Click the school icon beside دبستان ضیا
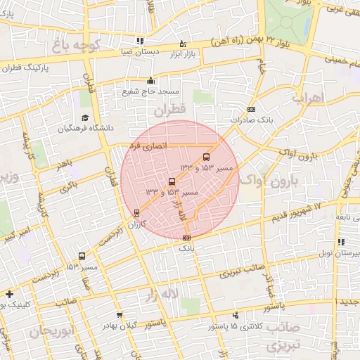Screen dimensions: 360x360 [141, 41]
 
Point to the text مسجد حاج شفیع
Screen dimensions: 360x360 [150, 91]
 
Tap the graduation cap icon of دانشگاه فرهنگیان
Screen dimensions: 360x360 [85, 118]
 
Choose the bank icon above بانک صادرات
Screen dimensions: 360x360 [252, 109]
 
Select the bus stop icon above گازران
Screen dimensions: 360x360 [136, 212]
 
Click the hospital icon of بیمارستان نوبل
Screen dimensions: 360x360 [341, 243]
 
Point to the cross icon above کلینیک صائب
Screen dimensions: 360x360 [8, 294]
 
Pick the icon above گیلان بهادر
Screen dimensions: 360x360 [120, 315]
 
